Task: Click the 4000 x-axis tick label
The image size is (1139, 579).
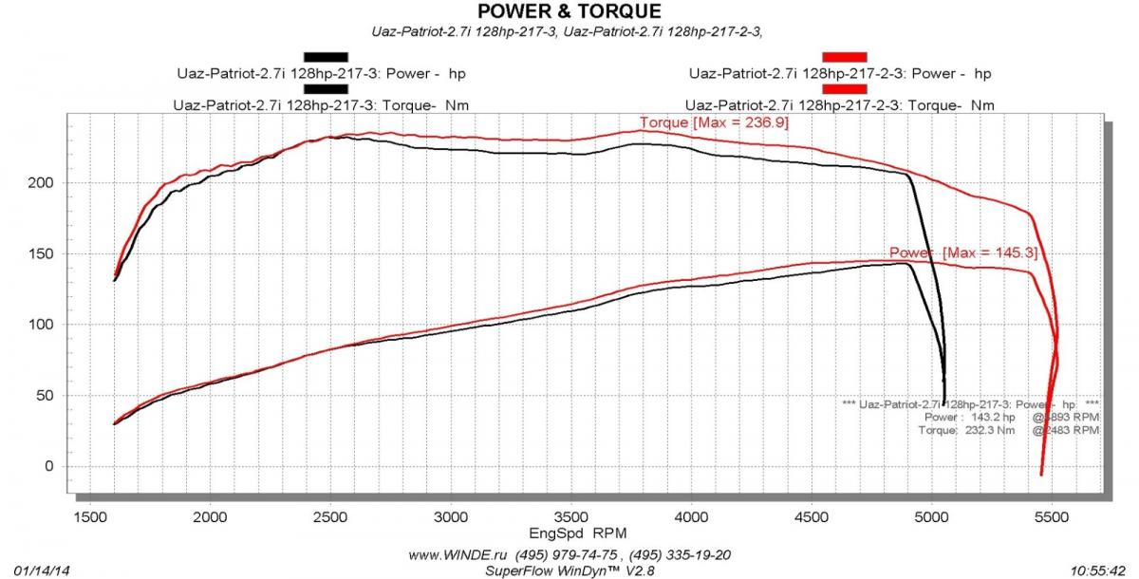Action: click(x=691, y=517)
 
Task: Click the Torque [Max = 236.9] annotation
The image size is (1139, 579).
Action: click(x=714, y=122)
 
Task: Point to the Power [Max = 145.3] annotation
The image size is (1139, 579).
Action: click(x=963, y=252)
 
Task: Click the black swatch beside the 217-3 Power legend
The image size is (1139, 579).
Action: click(x=326, y=57)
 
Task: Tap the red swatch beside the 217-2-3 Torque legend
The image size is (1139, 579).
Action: click(x=845, y=89)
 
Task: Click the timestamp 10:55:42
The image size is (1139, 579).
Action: click(x=1097, y=570)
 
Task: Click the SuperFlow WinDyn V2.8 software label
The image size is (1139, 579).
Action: click(x=569, y=570)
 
